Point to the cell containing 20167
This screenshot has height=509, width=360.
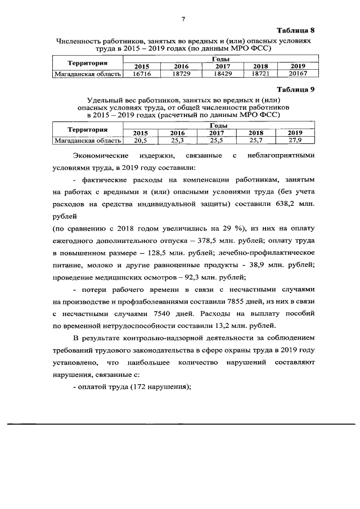point(296,74)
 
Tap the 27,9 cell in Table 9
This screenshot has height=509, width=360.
point(296,141)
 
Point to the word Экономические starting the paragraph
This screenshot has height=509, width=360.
point(101,155)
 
